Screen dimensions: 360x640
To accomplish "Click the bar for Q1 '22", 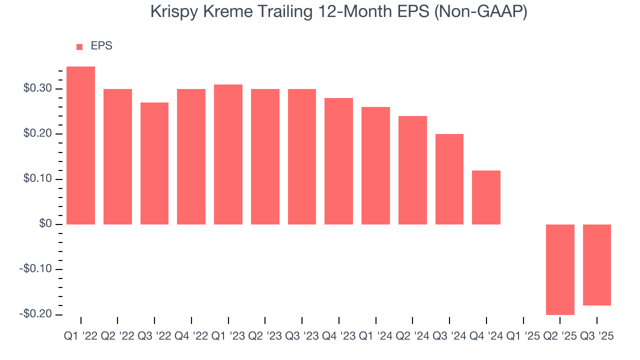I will click(x=80, y=145).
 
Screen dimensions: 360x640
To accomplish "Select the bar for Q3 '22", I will click(x=154, y=163).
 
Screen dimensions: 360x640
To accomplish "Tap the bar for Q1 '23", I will click(x=228, y=154).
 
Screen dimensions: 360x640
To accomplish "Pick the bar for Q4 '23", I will click(x=338, y=161).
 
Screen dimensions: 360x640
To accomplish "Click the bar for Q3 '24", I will click(x=449, y=179).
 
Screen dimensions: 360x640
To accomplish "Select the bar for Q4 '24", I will click(x=486, y=197).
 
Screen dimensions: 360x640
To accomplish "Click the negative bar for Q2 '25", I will click(x=560, y=269).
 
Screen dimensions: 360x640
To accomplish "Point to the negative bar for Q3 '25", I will click(x=596, y=265).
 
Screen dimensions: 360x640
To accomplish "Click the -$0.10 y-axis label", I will click(x=35, y=269).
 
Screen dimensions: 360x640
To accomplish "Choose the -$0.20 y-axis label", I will click(x=35, y=314).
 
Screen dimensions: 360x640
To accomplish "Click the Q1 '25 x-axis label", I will click(x=523, y=336).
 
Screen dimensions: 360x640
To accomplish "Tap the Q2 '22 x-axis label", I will click(x=117, y=336).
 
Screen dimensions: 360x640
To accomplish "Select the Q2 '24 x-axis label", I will click(x=412, y=336).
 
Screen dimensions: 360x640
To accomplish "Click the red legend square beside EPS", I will click(x=79, y=47).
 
